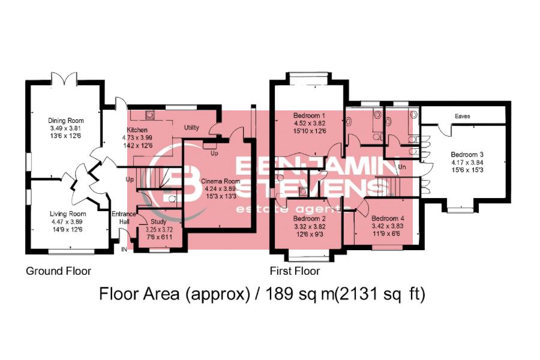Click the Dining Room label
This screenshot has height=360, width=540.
click(x=66, y=121)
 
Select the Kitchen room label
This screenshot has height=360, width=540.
click(x=137, y=130)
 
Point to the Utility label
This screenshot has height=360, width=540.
click(x=191, y=128)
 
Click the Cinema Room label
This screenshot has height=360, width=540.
click(x=220, y=181)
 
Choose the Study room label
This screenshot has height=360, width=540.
click(x=159, y=222)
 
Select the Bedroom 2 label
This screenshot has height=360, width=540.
click(x=309, y=219)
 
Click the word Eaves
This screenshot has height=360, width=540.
click(x=462, y=116)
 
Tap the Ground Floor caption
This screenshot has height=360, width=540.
click(x=58, y=271)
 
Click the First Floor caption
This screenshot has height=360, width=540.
click(x=295, y=271)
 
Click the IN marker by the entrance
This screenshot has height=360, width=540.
click(x=125, y=249)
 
